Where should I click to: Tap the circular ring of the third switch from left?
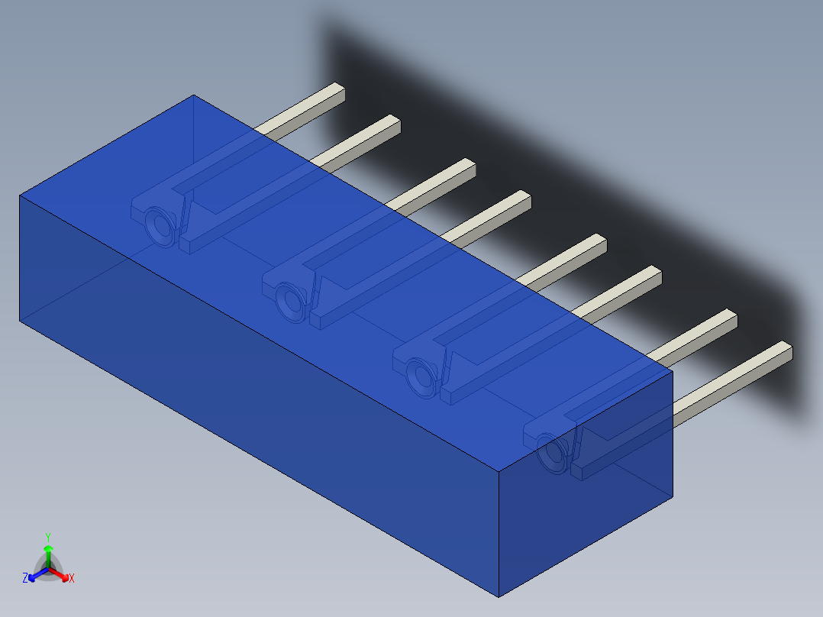click(421, 375)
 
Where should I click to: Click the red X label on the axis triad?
click(72, 579)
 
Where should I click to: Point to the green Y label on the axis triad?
click(48, 537)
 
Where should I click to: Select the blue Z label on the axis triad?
click(25, 578)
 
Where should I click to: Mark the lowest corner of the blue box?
click(499, 596)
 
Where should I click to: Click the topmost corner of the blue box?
click(194, 95)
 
